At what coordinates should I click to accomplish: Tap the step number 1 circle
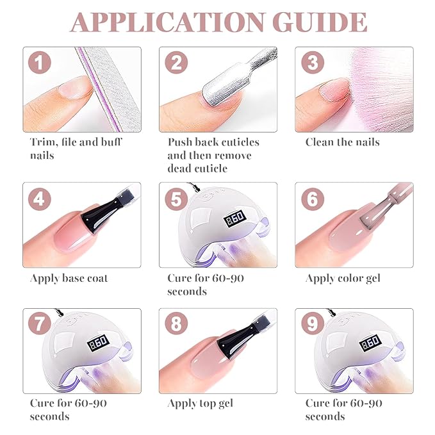point(40,62)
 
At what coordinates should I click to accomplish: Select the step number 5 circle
point(176,199)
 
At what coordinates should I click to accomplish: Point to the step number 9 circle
point(313,324)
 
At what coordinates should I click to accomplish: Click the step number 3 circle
point(313,62)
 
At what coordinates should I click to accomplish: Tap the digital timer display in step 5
point(234,218)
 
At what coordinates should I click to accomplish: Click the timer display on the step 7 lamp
point(97,343)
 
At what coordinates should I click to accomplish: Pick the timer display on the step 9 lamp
point(370,343)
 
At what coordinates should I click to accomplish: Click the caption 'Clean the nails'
point(343,142)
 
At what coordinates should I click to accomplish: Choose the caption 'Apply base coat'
point(69,279)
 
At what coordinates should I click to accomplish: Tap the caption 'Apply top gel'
point(201,404)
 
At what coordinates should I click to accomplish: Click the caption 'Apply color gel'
point(343,279)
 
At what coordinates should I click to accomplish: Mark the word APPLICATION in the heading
point(168,22)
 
